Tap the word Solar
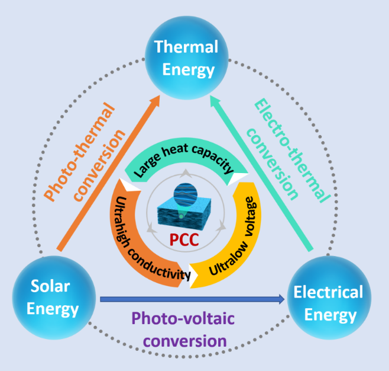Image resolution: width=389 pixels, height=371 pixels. click(51, 287)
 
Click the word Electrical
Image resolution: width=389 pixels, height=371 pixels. click(328, 292)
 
